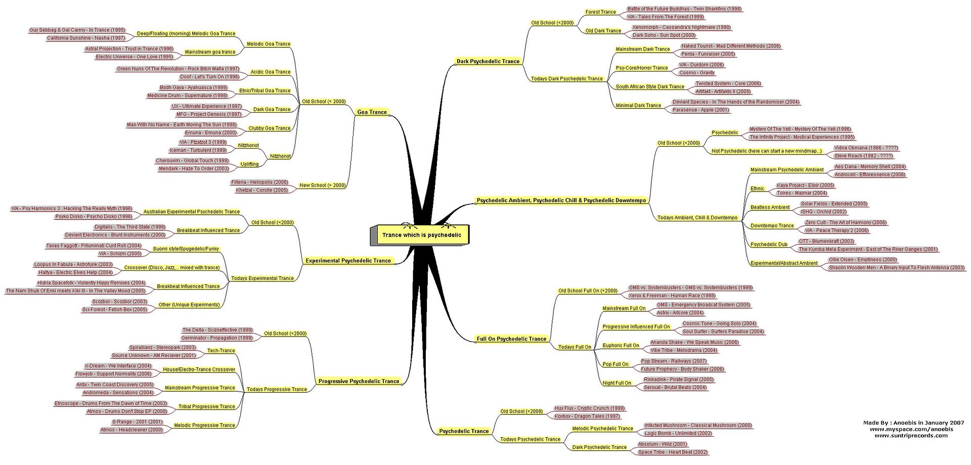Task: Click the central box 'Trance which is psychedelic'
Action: point(420,235)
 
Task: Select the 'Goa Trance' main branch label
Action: point(372,112)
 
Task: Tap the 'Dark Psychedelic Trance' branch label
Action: point(488,62)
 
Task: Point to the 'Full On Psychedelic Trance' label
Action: point(511,339)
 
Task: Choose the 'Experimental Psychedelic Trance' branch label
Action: point(348,261)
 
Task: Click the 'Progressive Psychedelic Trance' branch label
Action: point(359,381)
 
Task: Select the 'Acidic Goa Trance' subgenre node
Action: point(271,72)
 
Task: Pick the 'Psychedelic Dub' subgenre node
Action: point(769,245)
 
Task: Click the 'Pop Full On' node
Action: point(615,364)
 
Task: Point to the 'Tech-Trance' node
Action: point(221,351)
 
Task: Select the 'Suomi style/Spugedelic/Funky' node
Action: point(186,249)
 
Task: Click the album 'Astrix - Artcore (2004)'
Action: point(680,313)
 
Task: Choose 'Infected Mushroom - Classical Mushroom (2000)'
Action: point(698,426)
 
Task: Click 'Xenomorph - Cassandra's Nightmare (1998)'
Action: point(681,27)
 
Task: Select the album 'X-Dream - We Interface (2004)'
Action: point(118,366)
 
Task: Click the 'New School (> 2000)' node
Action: point(323,185)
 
